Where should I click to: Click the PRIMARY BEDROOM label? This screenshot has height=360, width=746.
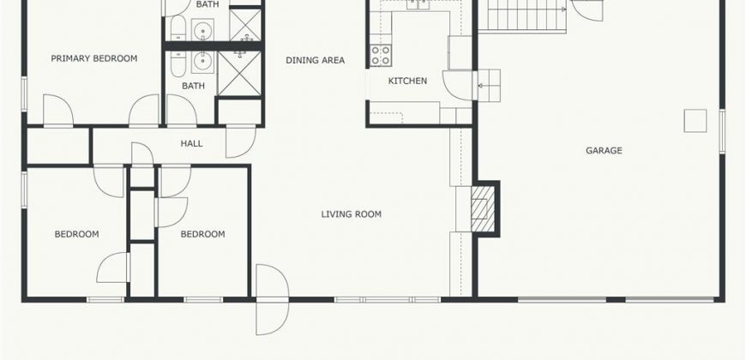tap(94, 58)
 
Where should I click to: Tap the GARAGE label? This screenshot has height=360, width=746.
tap(604, 151)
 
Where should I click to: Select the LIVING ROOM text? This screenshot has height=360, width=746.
tap(351, 214)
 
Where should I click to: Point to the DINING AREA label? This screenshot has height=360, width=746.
tap(315, 60)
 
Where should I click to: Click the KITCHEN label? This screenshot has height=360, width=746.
tap(408, 81)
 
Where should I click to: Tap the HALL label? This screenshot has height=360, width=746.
tap(192, 144)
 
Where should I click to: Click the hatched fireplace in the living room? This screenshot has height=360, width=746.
tap(483, 208)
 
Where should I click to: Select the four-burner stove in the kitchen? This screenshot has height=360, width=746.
tap(381, 55)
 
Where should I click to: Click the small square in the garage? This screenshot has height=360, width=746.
tap(695, 121)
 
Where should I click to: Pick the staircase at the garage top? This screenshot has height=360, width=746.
tap(522, 16)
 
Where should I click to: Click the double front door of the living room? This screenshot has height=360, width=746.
tap(272, 300)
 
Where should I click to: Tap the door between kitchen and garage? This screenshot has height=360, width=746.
tap(458, 85)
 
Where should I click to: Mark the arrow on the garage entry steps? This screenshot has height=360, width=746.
tap(485, 86)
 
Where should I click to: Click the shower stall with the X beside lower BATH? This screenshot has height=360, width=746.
tap(239, 74)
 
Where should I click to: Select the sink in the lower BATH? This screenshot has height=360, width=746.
tap(203, 63)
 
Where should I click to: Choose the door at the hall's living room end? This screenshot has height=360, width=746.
tap(241, 141)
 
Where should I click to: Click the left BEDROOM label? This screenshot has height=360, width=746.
tap(76, 235)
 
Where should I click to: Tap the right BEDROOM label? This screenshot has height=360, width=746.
tap(202, 235)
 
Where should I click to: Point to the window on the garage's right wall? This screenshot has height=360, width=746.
tap(722, 131)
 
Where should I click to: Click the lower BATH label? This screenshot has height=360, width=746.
tap(193, 86)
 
